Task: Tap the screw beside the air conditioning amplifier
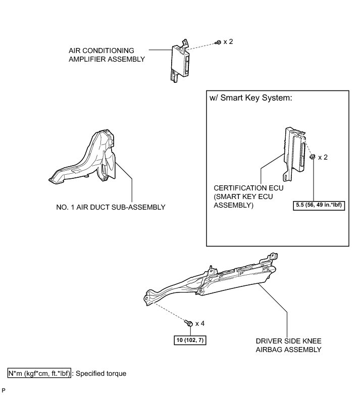coord(218,42)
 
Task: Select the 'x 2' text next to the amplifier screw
coord(228,41)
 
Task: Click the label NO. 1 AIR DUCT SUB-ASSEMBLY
coord(111,207)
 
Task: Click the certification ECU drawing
coord(295,152)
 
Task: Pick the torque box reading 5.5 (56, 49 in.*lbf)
coord(319,206)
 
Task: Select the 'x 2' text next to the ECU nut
coord(323,157)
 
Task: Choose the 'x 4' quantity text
coord(199,323)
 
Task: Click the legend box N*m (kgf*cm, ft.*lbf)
coord(40,374)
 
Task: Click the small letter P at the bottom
coord(4,390)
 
